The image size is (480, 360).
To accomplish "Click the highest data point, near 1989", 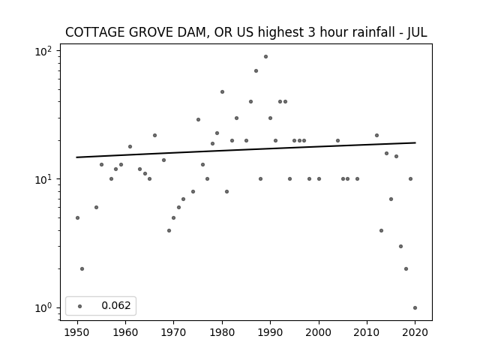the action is tap(265, 57).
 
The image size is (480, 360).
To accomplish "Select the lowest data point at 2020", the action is tap(415, 308).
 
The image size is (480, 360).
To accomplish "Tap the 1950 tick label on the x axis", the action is tap(77, 332).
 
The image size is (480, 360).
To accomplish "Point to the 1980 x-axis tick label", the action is tap(222, 332).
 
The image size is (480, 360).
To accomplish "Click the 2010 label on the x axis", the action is tap(367, 332).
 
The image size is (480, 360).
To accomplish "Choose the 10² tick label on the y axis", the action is tap(43, 51).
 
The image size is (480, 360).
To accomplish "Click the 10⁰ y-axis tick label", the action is tap(43, 307).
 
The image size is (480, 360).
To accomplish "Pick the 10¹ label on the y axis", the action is tap(43, 178).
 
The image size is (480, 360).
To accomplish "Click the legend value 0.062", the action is tap(116, 305).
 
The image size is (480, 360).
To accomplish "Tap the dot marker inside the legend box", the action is tap(80, 306).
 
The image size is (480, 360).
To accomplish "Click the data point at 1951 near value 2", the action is tap(82, 268).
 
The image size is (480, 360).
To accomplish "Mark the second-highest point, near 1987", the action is tap(256, 71).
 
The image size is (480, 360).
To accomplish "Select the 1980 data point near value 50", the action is tap(222, 91).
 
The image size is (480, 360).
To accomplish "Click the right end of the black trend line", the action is tap(415, 142).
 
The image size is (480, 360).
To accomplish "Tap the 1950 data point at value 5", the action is tap(77, 218).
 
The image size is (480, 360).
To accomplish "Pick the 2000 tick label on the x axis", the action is tap(318, 332).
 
